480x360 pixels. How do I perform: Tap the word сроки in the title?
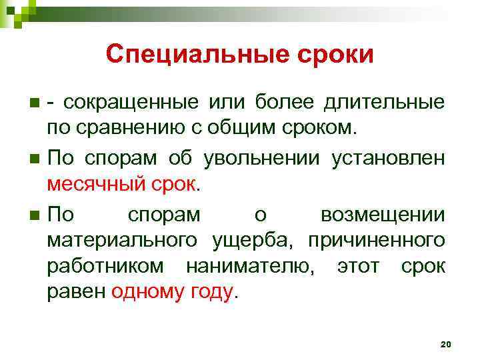337,55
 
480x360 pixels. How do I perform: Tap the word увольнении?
271,158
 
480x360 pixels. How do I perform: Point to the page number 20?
446,343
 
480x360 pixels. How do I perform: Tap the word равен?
76,292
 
